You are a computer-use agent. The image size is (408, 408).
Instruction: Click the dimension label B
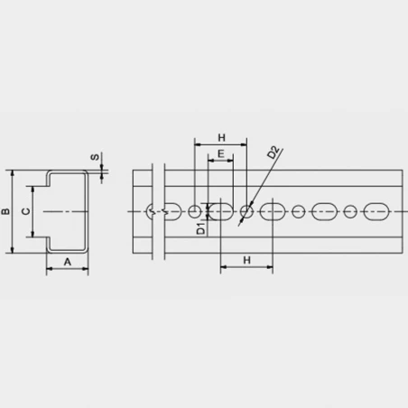(5, 211)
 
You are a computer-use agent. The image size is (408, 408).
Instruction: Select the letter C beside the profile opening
(26, 211)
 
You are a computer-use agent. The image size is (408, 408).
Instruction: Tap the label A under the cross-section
(68, 262)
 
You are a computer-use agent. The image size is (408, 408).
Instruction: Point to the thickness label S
(95, 157)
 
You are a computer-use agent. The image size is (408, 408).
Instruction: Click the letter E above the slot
(221, 153)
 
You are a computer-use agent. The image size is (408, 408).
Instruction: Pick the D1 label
(200, 228)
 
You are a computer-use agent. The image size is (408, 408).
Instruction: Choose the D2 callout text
(274, 153)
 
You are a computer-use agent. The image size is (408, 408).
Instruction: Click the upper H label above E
(221, 138)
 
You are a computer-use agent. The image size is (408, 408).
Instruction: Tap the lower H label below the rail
(246, 260)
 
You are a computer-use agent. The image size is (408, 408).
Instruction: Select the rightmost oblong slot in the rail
(376, 212)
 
